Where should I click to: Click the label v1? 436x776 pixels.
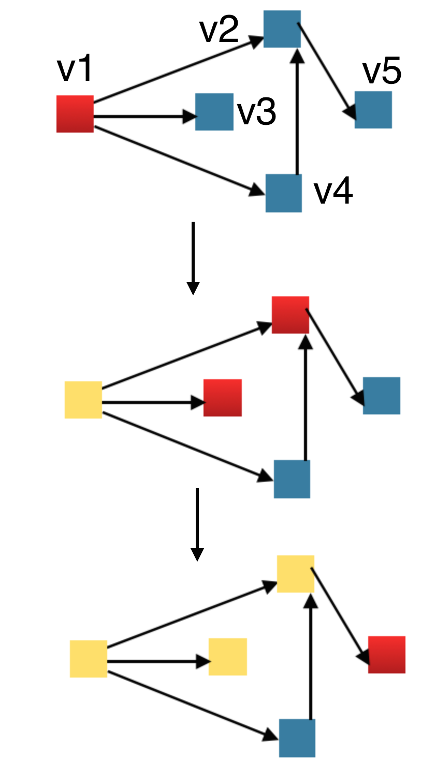tap(75, 69)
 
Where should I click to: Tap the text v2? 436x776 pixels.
tap(219, 30)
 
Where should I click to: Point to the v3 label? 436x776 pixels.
tap(257, 112)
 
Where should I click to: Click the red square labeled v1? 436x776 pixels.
tap(75, 114)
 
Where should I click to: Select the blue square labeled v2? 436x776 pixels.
tap(282, 29)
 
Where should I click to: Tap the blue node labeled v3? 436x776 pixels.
tap(214, 112)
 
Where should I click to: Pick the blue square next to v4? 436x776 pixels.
tap(284, 193)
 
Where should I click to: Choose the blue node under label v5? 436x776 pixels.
tap(373, 110)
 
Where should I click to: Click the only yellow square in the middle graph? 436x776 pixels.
tap(83, 400)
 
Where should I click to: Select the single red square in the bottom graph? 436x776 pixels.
tap(387, 655)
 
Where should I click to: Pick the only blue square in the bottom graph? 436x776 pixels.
tap(297, 738)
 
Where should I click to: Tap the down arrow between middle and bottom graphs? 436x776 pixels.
tap(197, 524)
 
